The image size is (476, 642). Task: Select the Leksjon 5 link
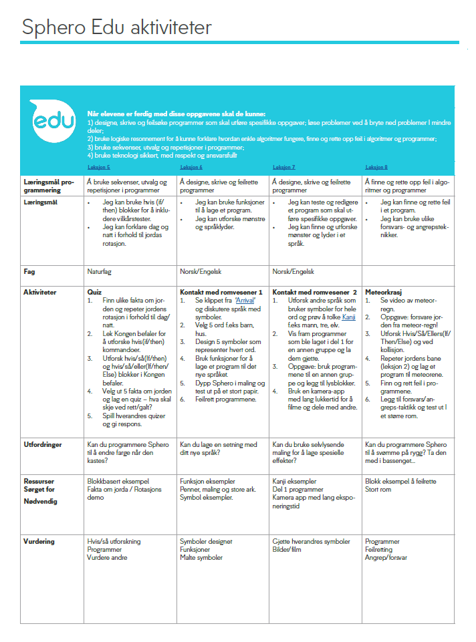click(99, 166)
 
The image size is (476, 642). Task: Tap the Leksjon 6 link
click(191, 166)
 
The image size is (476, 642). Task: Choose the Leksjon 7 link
click(284, 166)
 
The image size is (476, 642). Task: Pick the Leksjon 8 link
click(376, 166)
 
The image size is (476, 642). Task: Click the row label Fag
click(30, 272)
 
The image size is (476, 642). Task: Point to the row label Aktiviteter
click(41, 292)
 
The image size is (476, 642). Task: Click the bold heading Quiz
click(94, 292)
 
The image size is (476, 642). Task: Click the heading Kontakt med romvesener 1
click(221, 292)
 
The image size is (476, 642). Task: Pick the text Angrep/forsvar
click(386, 557)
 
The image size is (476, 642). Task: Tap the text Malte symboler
click(201, 557)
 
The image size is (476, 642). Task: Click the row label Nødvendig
click(41, 501)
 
